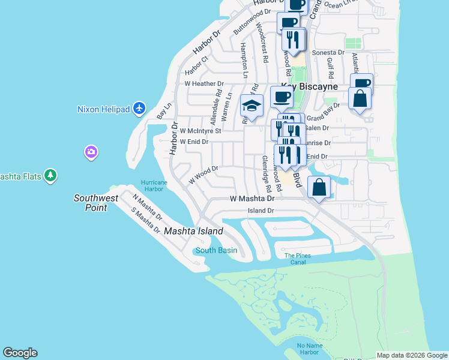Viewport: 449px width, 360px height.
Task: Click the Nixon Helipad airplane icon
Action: point(140,108)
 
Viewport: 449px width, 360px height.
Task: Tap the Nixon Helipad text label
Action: point(104,109)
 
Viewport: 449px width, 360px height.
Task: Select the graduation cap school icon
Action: point(252,106)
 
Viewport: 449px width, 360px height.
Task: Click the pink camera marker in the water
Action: point(91,151)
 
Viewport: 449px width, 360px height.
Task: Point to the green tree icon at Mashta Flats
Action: point(52,176)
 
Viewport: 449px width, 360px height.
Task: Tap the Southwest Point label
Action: point(91,203)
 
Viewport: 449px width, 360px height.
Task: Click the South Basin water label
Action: point(216,250)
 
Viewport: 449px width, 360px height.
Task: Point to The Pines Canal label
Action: point(298,259)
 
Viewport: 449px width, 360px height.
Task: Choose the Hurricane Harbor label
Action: point(152,185)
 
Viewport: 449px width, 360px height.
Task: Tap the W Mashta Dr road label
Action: point(252,199)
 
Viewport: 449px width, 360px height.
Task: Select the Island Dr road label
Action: point(261,211)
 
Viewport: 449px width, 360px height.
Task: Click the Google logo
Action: point(20,353)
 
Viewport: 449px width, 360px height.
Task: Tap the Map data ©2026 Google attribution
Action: point(412,355)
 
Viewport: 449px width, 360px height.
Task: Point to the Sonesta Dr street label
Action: point(328,53)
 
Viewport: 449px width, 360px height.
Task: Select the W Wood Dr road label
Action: point(203,174)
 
